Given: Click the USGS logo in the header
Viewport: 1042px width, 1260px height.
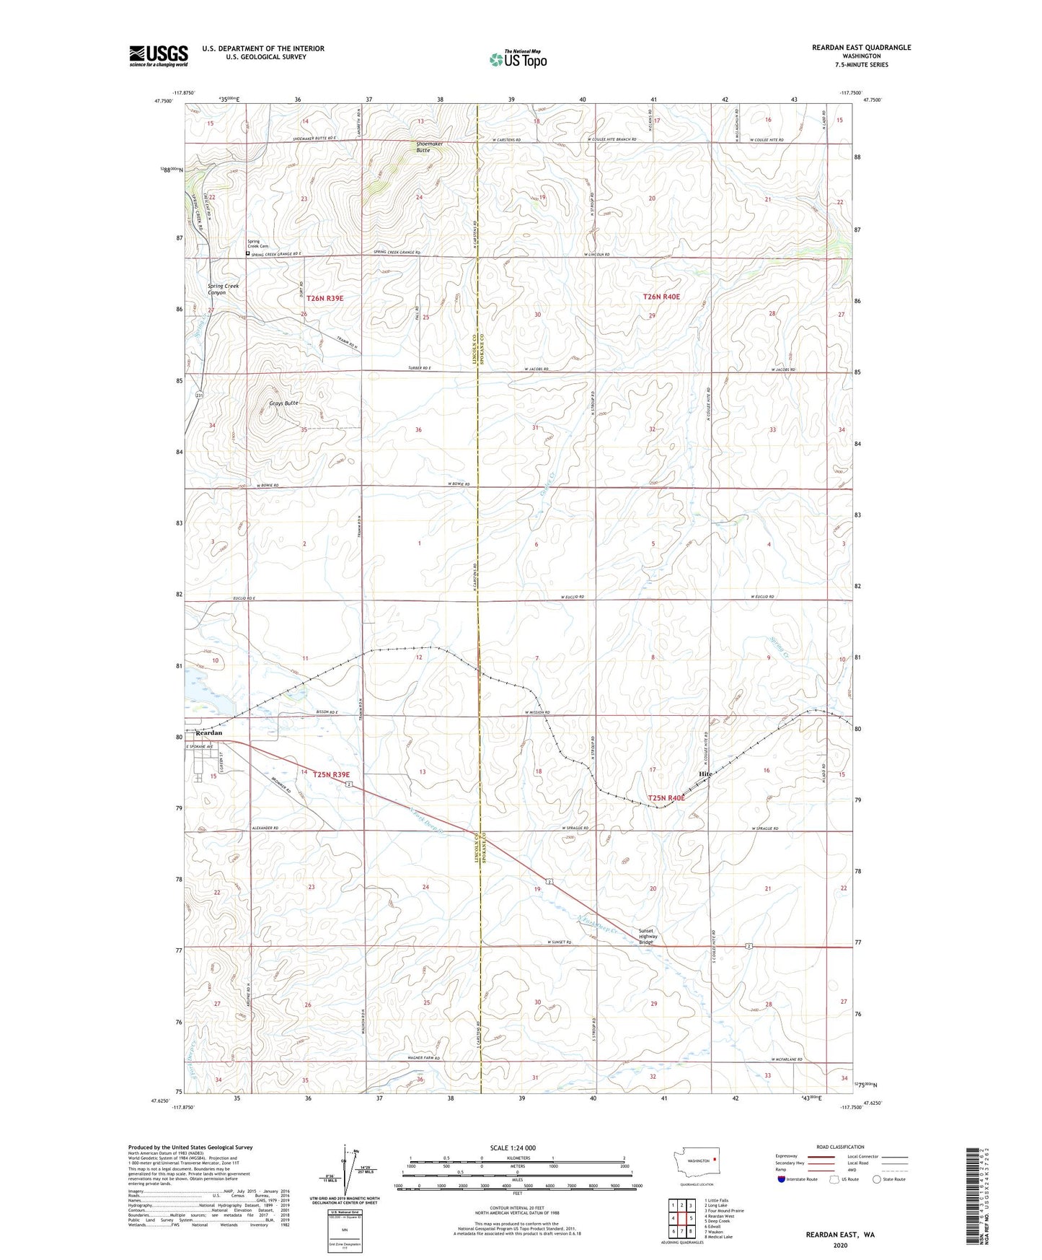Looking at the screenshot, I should [159, 56].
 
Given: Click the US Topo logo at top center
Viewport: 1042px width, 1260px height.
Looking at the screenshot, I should [518, 59].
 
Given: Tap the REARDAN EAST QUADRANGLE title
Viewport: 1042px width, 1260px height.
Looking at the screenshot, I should [861, 48].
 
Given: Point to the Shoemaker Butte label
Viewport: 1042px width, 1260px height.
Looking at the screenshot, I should [429, 146].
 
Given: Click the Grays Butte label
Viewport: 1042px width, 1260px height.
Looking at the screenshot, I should [283, 403].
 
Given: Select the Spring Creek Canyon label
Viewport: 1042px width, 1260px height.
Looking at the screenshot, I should [223, 289].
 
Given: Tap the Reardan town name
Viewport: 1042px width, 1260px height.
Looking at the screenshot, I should [209, 732].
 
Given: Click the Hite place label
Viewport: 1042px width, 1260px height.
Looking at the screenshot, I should [705, 774].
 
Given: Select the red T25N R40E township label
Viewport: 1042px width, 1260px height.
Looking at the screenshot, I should [666, 798].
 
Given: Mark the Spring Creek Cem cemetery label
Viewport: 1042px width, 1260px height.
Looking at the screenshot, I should [257, 244].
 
